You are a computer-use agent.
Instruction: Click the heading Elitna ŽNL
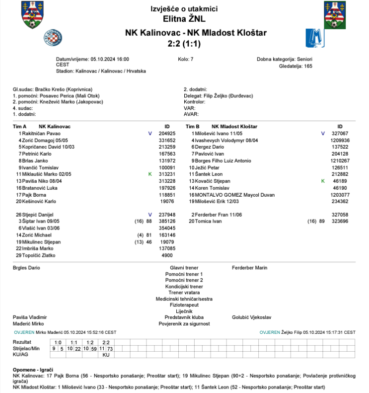point(184,19)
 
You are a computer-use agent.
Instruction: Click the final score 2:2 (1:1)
point(184,43)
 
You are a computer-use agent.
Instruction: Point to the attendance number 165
point(308,65)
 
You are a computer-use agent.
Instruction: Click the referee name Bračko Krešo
point(50,89)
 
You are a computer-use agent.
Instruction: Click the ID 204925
point(167,134)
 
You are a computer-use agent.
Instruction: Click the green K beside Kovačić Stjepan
point(323,181)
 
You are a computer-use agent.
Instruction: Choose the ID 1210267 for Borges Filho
point(340,161)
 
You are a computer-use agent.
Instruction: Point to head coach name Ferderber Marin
point(249,268)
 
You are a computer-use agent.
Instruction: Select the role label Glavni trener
point(184,268)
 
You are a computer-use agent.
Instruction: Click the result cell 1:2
point(90,342)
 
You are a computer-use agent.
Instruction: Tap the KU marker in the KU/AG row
point(106,355)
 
